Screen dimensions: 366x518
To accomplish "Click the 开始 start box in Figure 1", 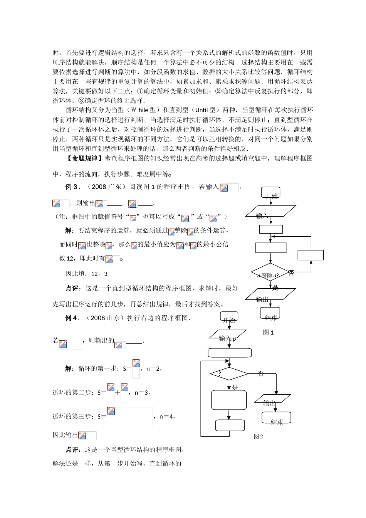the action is point(270,193).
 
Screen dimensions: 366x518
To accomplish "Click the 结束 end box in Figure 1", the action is point(270,313).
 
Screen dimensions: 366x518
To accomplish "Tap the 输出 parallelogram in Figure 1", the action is point(270,294).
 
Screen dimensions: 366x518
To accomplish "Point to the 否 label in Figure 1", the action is point(291,273).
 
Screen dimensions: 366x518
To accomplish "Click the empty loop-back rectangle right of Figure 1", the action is point(310,255).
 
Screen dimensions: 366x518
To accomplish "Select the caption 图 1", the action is point(268,332).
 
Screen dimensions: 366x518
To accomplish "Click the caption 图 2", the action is point(258,436).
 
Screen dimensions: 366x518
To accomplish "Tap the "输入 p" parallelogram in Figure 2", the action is point(228,335).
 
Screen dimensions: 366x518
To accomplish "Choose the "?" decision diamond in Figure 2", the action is point(229,373).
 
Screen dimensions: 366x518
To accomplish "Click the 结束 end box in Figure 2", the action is point(276,418).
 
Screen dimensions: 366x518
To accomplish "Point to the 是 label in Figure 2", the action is point(235,387).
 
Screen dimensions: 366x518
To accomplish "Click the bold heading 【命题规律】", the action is point(84,158).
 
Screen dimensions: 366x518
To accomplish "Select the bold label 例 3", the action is point(71,187).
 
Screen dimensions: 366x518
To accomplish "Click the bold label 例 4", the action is point(71,318).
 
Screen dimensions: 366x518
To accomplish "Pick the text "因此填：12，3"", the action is point(86,274).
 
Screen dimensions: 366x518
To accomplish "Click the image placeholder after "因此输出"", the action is point(87,436).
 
